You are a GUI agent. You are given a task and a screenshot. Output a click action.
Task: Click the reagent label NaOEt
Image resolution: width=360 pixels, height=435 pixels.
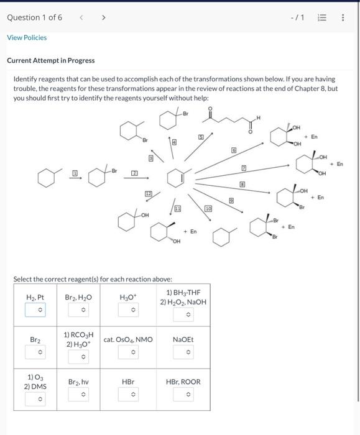[183, 339]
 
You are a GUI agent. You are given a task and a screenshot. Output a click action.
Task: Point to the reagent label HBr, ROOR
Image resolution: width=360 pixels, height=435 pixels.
[183, 381]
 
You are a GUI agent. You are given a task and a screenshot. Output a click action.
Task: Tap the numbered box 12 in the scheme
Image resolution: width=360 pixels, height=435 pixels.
[149, 195]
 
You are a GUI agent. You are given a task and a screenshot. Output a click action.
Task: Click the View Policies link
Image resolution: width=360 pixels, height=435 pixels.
[27, 37]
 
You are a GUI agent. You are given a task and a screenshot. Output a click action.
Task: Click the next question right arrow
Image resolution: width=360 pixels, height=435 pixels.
[103, 17]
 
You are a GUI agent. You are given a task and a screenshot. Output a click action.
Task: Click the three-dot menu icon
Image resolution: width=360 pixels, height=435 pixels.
[343, 17]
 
